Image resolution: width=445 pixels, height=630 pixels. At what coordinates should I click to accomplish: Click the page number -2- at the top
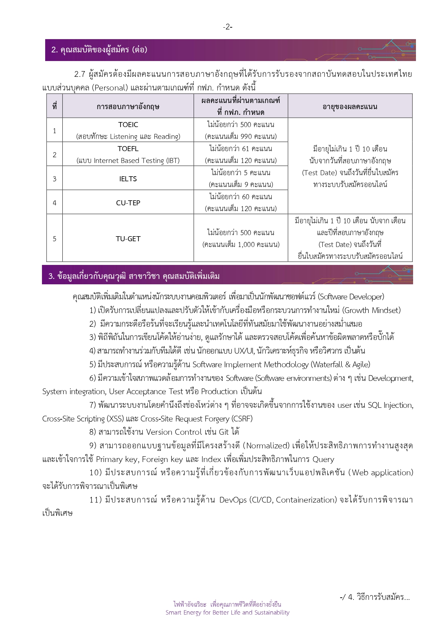click(x=227, y=27)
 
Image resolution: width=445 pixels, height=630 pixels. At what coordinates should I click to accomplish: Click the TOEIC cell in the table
click(x=128, y=125)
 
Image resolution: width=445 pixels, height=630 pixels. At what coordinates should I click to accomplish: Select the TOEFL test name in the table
click(x=128, y=149)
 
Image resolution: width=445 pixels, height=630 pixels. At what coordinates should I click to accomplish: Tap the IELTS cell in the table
click(x=128, y=179)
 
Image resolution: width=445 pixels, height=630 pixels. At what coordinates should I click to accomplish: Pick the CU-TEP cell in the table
click(x=128, y=203)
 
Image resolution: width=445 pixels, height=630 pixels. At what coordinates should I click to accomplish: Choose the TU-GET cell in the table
click(x=128, y=239)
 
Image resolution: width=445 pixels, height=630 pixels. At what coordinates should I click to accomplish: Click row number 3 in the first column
click(x=55, y=179)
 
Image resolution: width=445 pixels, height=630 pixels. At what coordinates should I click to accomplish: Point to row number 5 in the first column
click(x=55, y=239)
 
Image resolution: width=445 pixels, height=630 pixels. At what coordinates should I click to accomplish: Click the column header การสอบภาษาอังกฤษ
click(x=128, y=107)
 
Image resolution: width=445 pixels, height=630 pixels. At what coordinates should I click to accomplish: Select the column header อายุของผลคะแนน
click(x=350, y=107)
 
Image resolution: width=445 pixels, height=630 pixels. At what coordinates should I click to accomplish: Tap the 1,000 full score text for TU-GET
click(x=241, y=245)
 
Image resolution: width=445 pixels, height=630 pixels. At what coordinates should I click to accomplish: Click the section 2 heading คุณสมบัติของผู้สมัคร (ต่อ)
click(x=99, y=50)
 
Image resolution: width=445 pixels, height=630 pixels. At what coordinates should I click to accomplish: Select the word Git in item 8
click(x=224, y=432)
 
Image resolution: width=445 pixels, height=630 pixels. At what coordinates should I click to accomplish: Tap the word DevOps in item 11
click(x=233, y=500)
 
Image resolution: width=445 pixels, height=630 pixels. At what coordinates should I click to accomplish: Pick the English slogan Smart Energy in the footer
click(x=227, y=612)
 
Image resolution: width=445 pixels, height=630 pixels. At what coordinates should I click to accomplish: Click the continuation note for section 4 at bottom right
click(x=374, y=597)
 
